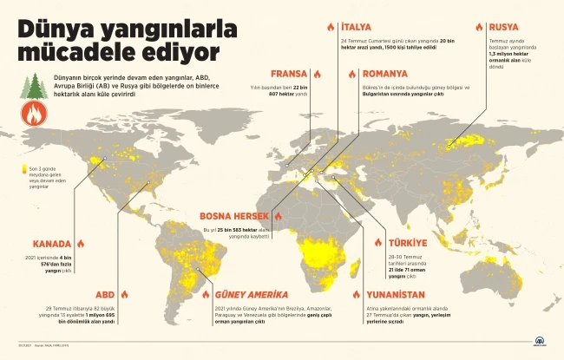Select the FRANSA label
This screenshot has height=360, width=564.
289,74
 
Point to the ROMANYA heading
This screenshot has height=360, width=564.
385,74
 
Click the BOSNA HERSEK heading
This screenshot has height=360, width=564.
233,216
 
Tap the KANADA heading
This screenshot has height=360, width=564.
51,244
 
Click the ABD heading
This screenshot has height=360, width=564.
105,294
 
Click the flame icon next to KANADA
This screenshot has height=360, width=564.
81,244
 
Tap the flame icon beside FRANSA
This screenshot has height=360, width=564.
318,74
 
